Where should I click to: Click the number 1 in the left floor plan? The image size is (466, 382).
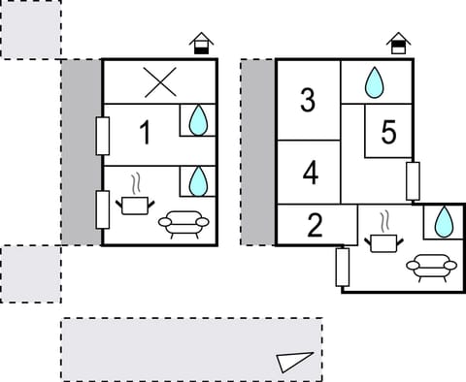[x=145, y=133]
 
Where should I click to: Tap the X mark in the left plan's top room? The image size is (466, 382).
[x=157, y=82]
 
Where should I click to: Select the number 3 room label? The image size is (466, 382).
[x=308, y=100]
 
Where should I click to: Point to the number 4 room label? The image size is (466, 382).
[x=310, y=174]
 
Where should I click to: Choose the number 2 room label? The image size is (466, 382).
[x=315, y=226]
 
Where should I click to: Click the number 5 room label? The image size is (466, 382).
[x=389, y=134]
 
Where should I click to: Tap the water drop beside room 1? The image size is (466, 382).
[x=197, y=120]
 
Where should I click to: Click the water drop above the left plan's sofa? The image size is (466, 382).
[x=197, y=180]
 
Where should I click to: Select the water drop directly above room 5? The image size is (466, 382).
[x=375, y=82]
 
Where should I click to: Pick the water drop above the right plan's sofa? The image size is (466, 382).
[x=443, y=221]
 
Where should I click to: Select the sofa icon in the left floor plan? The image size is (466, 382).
[x=182, y=224]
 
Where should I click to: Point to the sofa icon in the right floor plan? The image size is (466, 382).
[x=432, y=265]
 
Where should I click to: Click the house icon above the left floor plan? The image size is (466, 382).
[x=201, y=44]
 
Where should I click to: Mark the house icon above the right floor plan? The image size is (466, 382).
[x=397, y=44]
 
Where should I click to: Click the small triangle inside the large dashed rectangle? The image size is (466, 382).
[x=291, y=362]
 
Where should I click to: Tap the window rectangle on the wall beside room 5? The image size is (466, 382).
[x=413, y=181]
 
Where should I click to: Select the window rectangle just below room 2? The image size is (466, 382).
[x=342, y=268]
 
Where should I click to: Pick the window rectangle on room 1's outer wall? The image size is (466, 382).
[x=102, y=135]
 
